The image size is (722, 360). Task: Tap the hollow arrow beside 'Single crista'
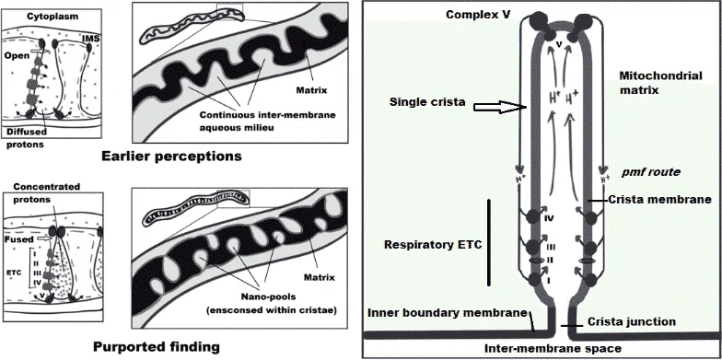click(x=501, y=107)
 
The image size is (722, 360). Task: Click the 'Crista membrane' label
click(x=659, y=200)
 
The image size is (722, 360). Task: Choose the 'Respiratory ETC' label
click(x=433, y=245)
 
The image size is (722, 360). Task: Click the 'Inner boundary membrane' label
click(x=448, y=313)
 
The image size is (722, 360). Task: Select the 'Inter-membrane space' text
click(x=553, y=348)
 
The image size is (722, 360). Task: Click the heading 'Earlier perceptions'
click(x=171, y=157)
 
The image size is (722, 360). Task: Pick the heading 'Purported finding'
click(x=157, y=346)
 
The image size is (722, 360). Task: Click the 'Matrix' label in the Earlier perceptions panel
click(x=311, y=90)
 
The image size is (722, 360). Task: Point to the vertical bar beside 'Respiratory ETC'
click(x=488, y=243)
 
